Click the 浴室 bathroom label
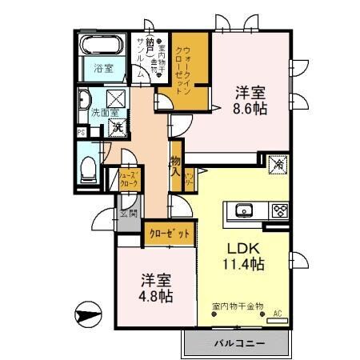coord(103,68)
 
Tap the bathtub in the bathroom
coord(103,46)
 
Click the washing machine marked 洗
coord(116,127)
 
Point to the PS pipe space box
coord(81,132)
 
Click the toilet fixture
coord(89,169)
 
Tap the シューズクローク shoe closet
coord(129,179)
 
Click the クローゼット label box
coord(169,234)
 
